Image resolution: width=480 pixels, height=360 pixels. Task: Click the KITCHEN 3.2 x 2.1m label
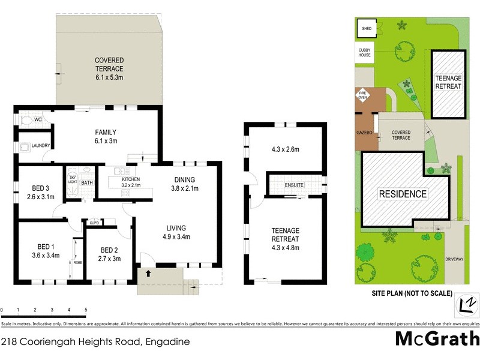pos(131,182)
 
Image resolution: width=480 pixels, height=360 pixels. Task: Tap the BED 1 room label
pos(46,251)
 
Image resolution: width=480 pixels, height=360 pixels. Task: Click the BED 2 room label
pos(109,254)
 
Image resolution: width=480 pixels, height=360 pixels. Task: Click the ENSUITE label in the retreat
pos(295,185)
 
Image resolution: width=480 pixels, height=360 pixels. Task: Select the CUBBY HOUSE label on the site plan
pos(365,52)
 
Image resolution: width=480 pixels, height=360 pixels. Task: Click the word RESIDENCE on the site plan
pos(402,194)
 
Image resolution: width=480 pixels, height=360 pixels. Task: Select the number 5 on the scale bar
pos(86,310)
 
